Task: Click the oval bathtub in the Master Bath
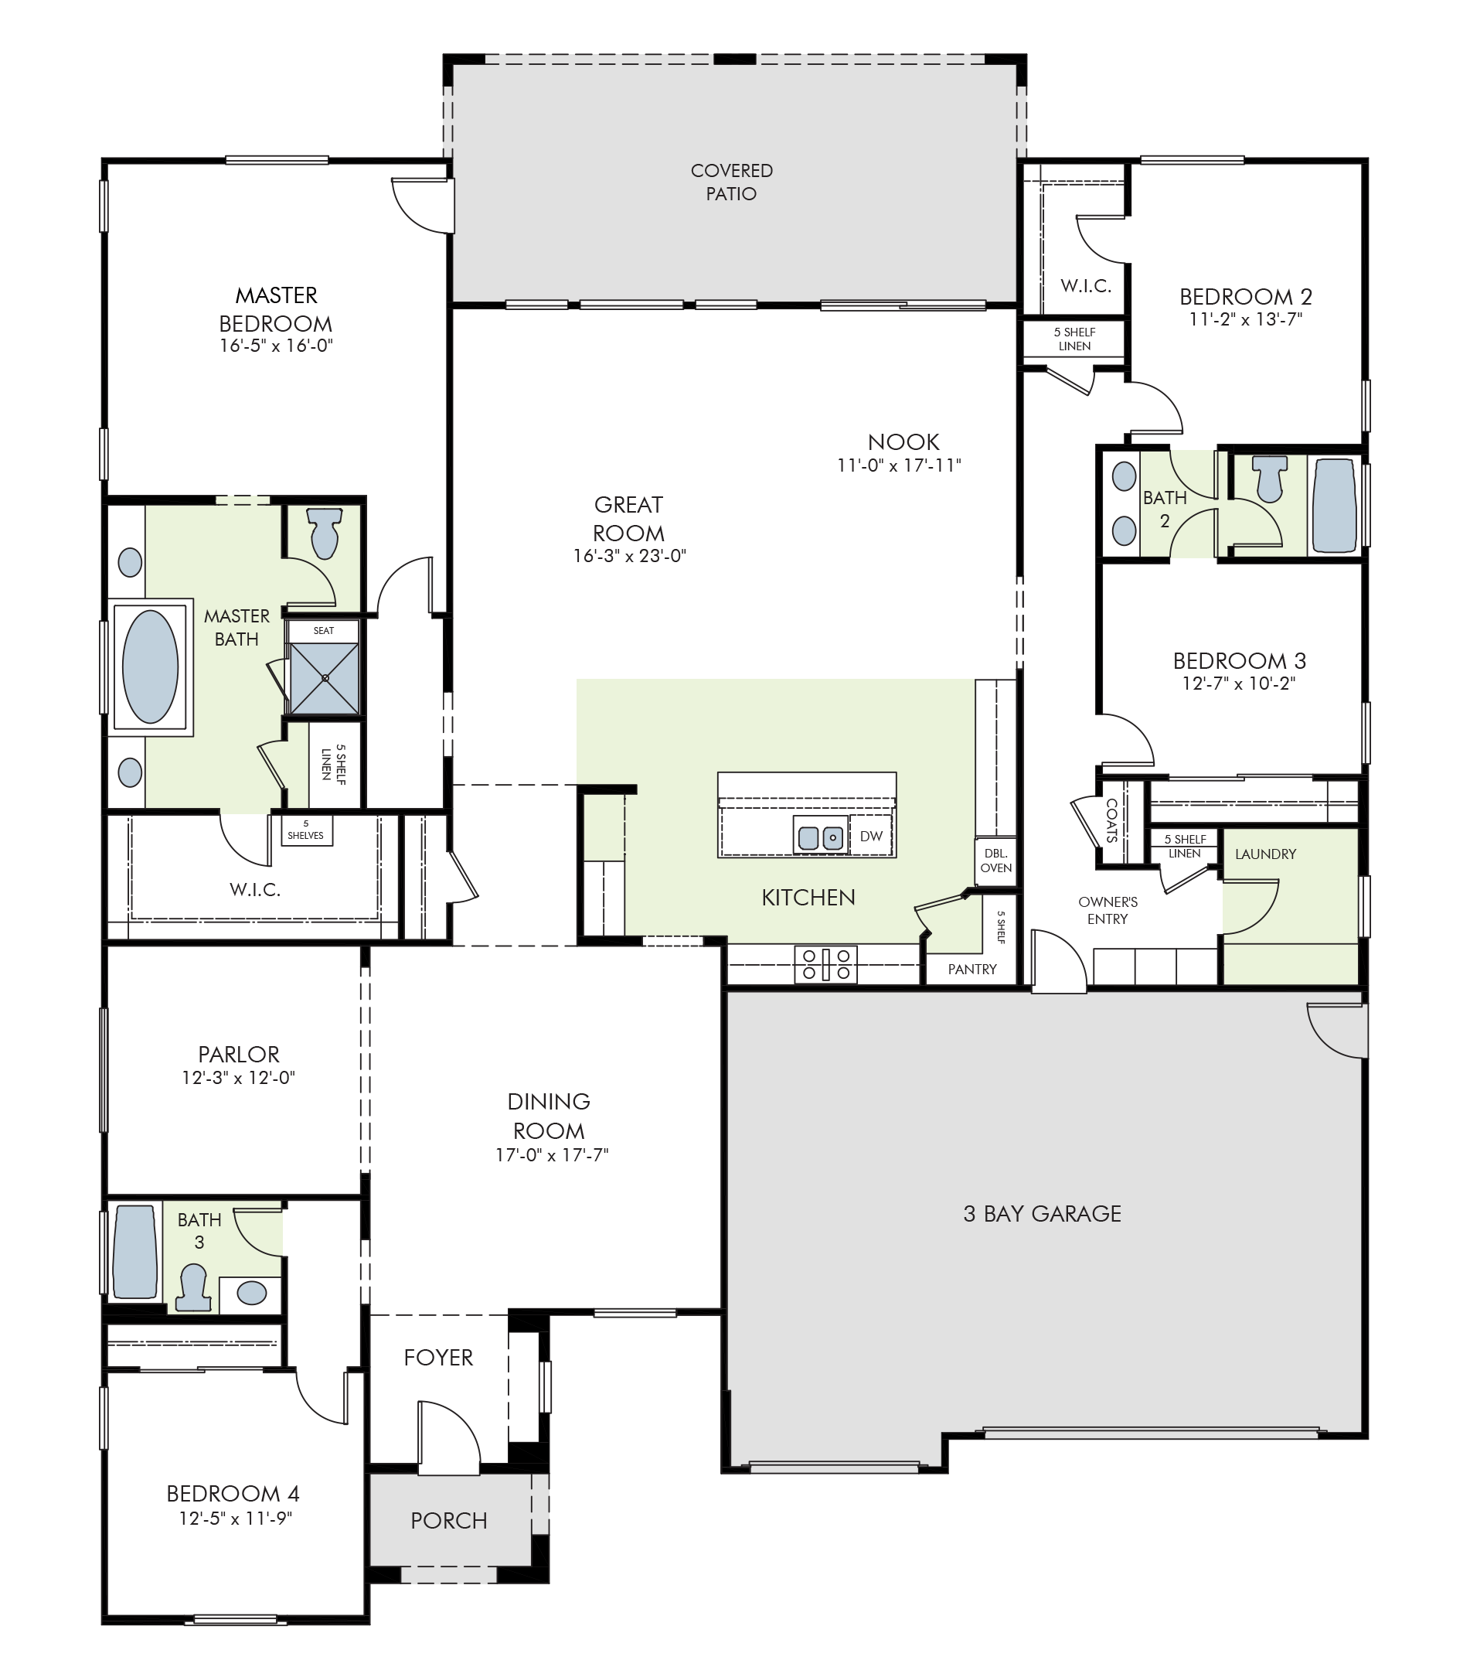tap(150, 666)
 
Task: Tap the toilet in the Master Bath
tap(324, 533)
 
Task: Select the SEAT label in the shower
tap(324, 630)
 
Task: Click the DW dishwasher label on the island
tap(871, 836)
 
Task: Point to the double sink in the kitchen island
tap(820, 837)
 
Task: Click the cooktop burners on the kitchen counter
tap(826, 963)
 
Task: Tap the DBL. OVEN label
tap(995, 861)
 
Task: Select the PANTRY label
tap(971, 969)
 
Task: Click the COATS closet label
tap(1112, 820)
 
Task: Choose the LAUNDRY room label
tap(1265, 854)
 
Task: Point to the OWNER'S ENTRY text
tap(1108, 910)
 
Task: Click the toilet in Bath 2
tap(1269, 478)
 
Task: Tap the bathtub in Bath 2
tap(1334, 506)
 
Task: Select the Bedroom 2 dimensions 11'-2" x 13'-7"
tap(1245, 319)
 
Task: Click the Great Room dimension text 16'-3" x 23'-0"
tap(629, 556)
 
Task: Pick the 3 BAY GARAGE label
tap(1042, 1214)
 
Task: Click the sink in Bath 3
tap(251, 1293)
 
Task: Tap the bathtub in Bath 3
tap(134, 1252)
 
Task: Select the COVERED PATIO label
tap(731, 182)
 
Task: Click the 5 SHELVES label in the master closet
tap(306, 830)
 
